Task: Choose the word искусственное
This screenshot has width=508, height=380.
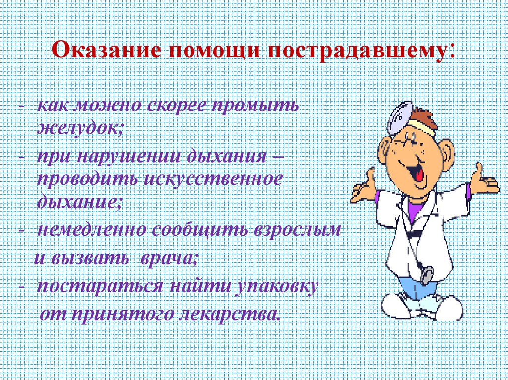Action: (x=213, y=179)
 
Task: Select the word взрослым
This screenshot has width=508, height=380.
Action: (x=298, y=231)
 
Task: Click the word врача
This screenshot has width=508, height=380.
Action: (x=169, y=258)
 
